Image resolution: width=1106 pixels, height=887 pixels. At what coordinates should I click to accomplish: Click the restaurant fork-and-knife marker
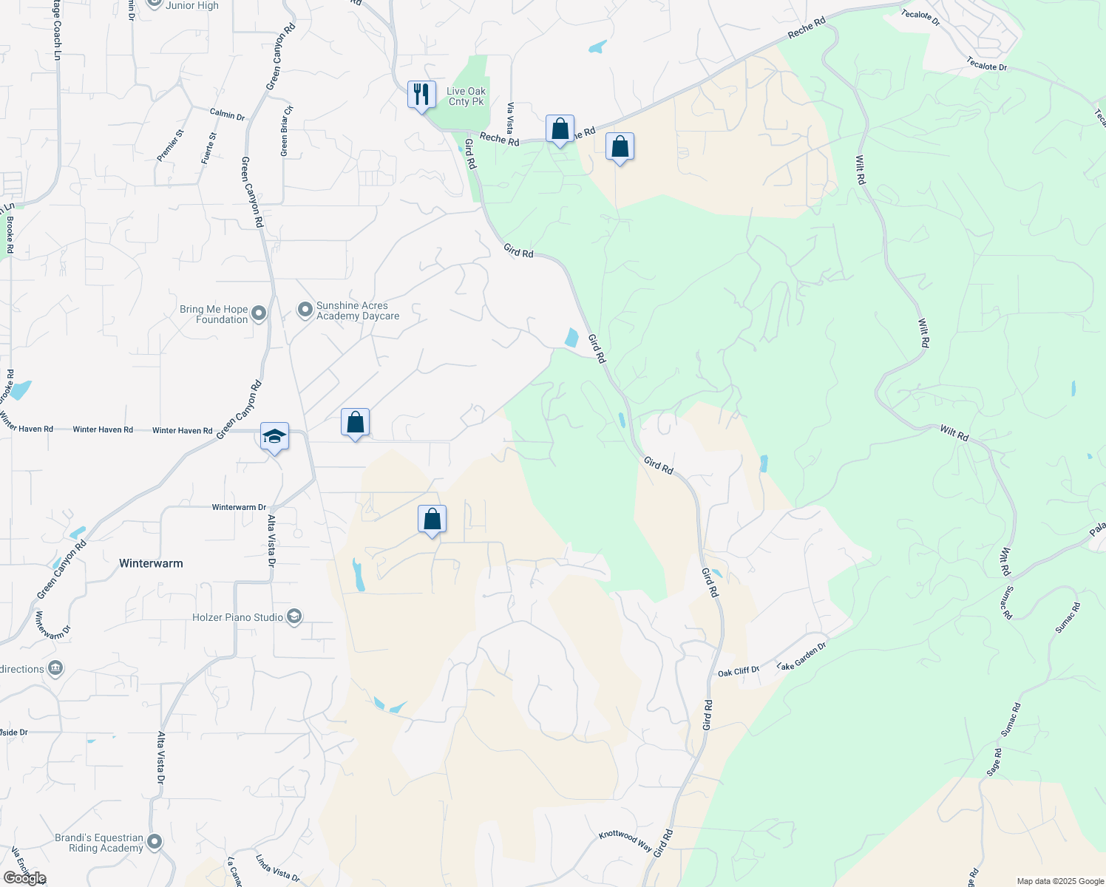[421, 95]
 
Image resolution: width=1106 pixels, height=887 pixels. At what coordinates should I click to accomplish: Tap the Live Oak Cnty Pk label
[466, 96]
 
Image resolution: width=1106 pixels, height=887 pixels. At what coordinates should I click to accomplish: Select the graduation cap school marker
[274, 438]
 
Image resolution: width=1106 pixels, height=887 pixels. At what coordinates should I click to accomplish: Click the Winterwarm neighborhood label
[151, 563]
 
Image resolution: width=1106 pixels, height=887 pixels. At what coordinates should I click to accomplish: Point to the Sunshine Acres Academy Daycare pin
[305, 310]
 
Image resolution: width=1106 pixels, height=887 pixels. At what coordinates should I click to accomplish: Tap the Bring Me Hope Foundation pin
[259, 314]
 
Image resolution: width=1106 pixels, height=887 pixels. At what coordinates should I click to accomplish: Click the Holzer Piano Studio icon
[294, 617]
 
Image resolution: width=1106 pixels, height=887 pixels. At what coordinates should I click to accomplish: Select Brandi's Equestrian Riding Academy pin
[155, 842]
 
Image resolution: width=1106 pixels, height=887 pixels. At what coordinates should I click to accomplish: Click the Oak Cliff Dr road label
[739, 671]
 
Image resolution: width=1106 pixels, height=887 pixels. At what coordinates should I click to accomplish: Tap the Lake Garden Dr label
[801, 656]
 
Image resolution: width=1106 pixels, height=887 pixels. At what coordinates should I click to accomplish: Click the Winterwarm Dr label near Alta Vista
[239, 507]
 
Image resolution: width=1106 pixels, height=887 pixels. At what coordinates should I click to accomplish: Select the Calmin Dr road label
[227, 115]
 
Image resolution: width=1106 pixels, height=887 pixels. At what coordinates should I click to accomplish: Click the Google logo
[25, 878]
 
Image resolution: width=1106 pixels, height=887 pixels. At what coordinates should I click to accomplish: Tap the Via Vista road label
[510, 118]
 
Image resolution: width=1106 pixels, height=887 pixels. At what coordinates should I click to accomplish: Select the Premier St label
[171, 145]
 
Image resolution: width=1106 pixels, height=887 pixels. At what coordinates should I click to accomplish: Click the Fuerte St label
[209, 148]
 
